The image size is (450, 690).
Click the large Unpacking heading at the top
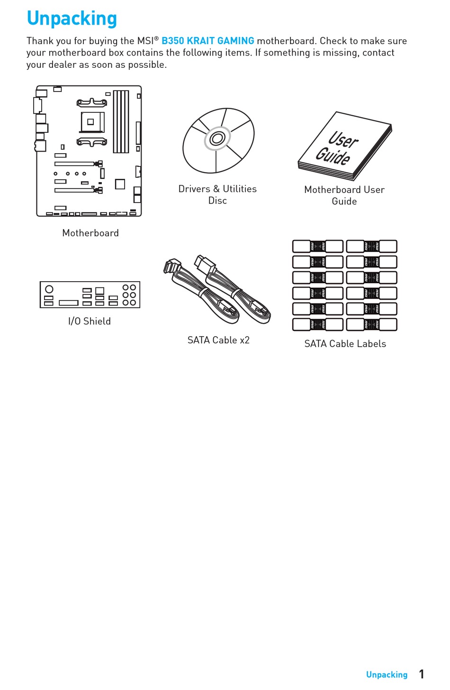click(x=72, y=18)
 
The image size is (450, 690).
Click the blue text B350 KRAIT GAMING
click(x=207, y=41)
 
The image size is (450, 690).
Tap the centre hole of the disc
click(x=217, y=138)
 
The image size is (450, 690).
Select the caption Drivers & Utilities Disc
click(x=217, y=194)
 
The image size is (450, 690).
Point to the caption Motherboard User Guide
click(x=344, y=195)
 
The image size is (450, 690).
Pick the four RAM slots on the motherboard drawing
click(x=121, y=121)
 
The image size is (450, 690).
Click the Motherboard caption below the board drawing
click(x=90, y=233)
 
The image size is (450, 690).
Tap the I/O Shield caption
click(x=90, y=321)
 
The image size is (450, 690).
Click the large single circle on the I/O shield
click(x=49, y=289)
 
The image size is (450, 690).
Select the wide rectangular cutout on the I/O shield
click(x=69, y=303)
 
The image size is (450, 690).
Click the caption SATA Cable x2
click(x=218, y=340)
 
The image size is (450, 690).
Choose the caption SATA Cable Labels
click(x=345, y=344)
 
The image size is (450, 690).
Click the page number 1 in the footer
click(x=422, y=674)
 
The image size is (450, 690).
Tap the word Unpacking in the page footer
click(x=387, y=674)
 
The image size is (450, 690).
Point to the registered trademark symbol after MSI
click(x=156, y=38)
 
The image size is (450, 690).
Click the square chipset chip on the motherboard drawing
click(x=120, y=184)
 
